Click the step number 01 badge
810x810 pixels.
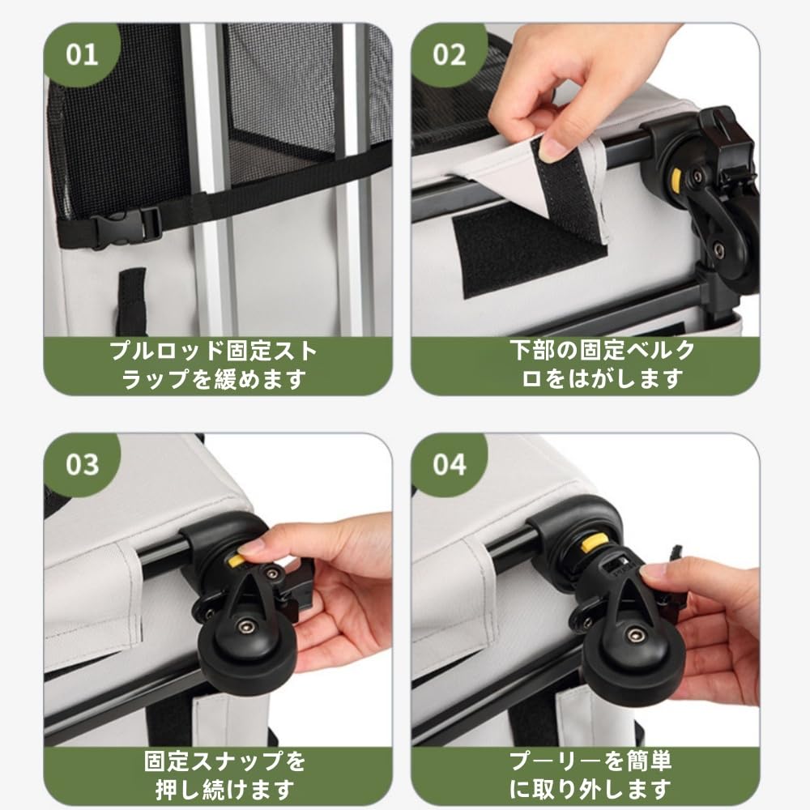[x=82, y=54]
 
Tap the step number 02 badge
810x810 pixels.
[x=449, y=54]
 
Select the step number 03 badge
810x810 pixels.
[x=82, y=464]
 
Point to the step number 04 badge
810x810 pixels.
[x=449, y=464]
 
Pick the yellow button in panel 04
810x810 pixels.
[x=590, y=545]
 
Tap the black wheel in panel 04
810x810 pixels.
[x=633, y=659]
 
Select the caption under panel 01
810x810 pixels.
[x=213, y=364]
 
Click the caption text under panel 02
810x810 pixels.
[x=603, y=364]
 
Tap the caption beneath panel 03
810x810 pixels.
[x=224, y=775]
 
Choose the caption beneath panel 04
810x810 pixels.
[x=590, y=775]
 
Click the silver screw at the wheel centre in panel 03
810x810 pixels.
[x=245, y=627]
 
